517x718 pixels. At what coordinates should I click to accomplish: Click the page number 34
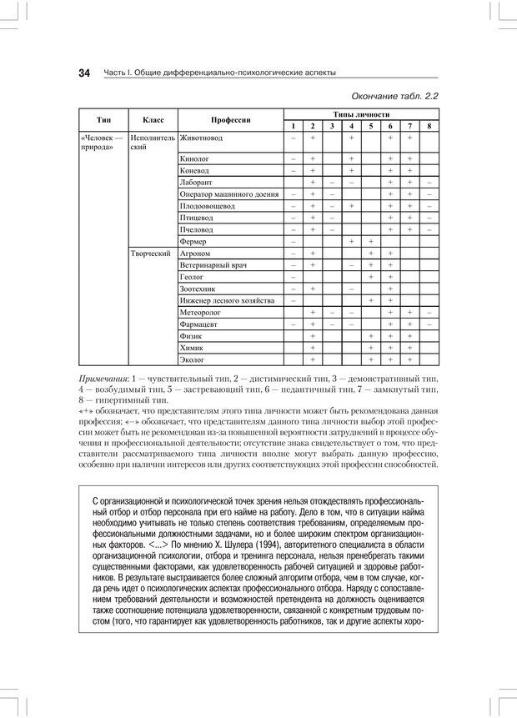pos(84,73)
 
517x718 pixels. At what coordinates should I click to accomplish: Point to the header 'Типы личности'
pos(361,113)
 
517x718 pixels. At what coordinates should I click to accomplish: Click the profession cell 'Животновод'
pos(202,137)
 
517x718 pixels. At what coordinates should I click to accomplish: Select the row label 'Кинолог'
pos(194,158)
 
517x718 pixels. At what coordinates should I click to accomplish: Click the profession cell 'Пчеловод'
pos(197,228)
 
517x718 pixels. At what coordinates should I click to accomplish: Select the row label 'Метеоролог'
pos(200,312)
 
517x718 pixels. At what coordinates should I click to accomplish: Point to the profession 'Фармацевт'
pos(198,324)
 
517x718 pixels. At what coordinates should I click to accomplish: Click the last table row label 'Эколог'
pos(193,359)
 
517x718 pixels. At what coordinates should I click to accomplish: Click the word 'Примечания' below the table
pos(104,379)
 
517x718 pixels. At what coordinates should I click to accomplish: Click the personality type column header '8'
pos(429,125)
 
